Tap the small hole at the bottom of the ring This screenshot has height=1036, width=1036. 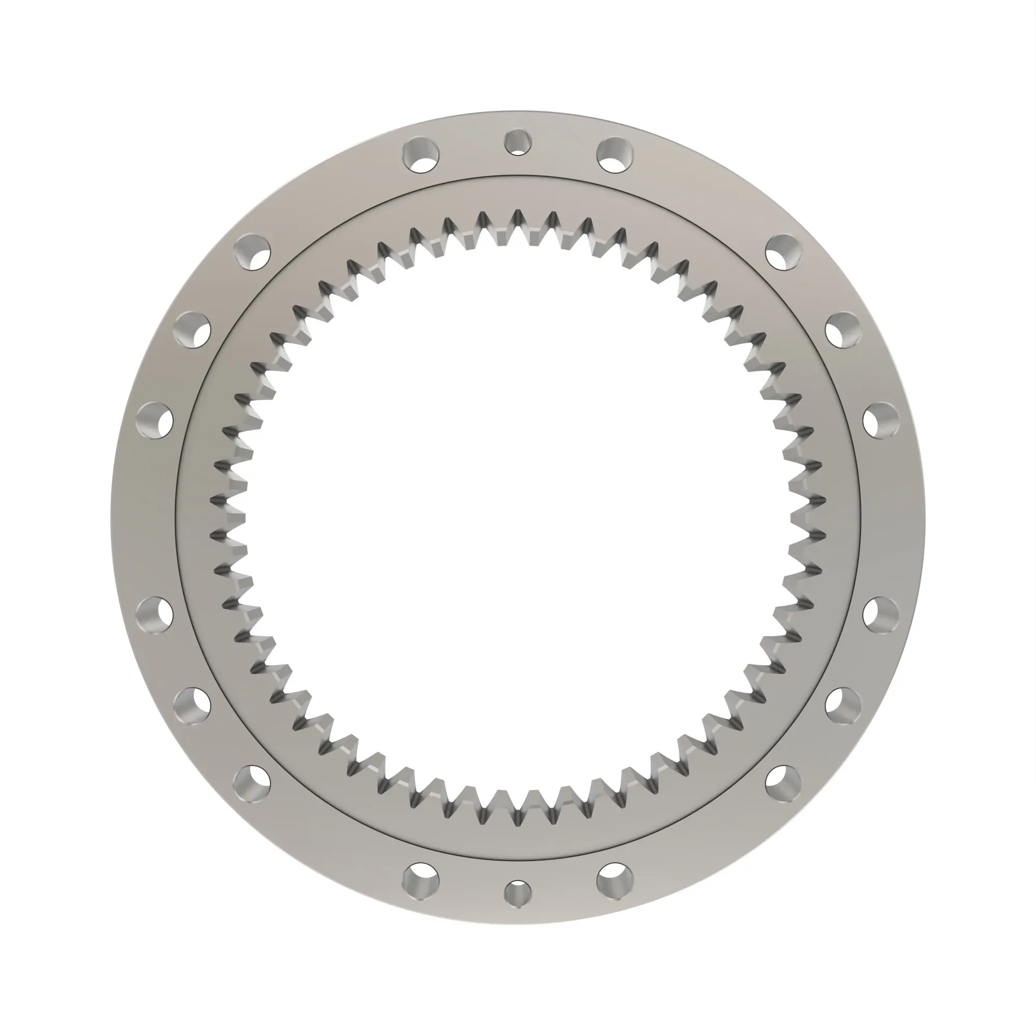pos(518,894)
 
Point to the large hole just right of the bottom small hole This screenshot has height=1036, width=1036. pos(615,882)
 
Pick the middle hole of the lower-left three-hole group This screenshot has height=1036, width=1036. pos(192,706)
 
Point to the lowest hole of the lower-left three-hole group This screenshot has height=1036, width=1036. pos(252,784)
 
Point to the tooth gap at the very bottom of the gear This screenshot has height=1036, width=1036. pos(518,821)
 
